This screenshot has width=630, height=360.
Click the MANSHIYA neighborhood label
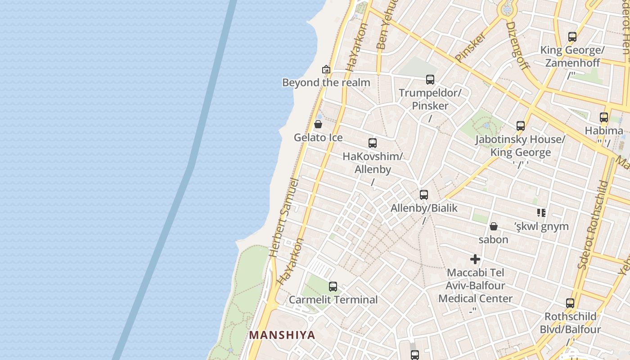click(x=282, y=335)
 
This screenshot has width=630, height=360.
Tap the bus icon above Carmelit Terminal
click(x=333, y=286)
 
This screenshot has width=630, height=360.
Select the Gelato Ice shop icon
click(x=318, y=124)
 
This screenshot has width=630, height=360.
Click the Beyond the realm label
click(x=326, y=82)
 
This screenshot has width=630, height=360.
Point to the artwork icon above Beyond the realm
click(x=326, y=69)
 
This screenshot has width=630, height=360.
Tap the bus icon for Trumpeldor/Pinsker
click(x=430, y=80)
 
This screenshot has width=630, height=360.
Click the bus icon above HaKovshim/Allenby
click(x=373, y=143)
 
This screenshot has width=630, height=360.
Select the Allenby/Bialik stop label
click(x=424, y=208)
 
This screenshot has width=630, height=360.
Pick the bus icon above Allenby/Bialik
click(x=424, y=194)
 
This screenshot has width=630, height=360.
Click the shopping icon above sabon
click(x=494, y=226)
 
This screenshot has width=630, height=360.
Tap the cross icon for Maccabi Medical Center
click(x=475, y=259)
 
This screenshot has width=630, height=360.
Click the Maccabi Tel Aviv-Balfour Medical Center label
click(x=475, y=285)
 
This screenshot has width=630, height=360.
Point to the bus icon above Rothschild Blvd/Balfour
click(x=570, y=303)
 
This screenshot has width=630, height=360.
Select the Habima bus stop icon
click(x=604, y=117)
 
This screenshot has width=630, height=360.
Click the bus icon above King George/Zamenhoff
click(x=572, y=37)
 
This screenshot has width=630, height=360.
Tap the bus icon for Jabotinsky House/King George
click(x=521, y=126)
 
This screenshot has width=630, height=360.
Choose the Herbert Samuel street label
click(x=283, y=218)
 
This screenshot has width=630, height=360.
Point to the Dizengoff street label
click(x=518, y=46)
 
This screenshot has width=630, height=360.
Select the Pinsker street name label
click(x=471, y=46)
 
